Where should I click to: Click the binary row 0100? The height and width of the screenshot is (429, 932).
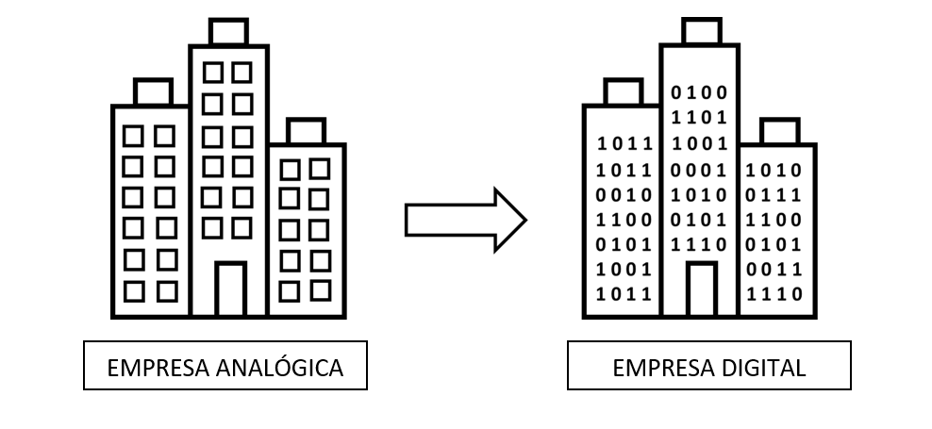pyautogui.click(x=699, y=92)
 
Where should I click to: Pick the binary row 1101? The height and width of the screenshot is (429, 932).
pyautogui.click(x=699, y=118)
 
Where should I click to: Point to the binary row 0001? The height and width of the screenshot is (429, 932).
pyautogui.click(x=699, y=171)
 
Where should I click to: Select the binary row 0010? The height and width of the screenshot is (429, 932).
pyautogui.click(x=624, y=195)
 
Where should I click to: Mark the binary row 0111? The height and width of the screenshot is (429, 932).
pyautogui.click(x=774, y=195)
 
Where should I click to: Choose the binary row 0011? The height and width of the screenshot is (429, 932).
pyautogui.click(x=774, y=270)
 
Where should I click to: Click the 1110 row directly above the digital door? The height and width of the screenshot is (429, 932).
pyautogui.click(x=699, y=245)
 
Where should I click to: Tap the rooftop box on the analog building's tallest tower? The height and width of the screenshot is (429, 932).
pyautogui.click(x=229, y=32)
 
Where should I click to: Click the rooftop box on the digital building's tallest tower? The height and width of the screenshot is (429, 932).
pyautogui.click(x=699, y=32)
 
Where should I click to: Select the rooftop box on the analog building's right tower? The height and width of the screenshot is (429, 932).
pyautogui.click(x=306, y=130)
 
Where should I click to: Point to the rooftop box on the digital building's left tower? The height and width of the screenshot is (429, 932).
pyautogui.click(x=623, y=91)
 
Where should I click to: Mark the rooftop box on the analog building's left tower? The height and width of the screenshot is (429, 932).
pyautogui.click(x=153, y=91)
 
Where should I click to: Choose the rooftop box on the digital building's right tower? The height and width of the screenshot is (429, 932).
pyautogui.click(x=779, y=130)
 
